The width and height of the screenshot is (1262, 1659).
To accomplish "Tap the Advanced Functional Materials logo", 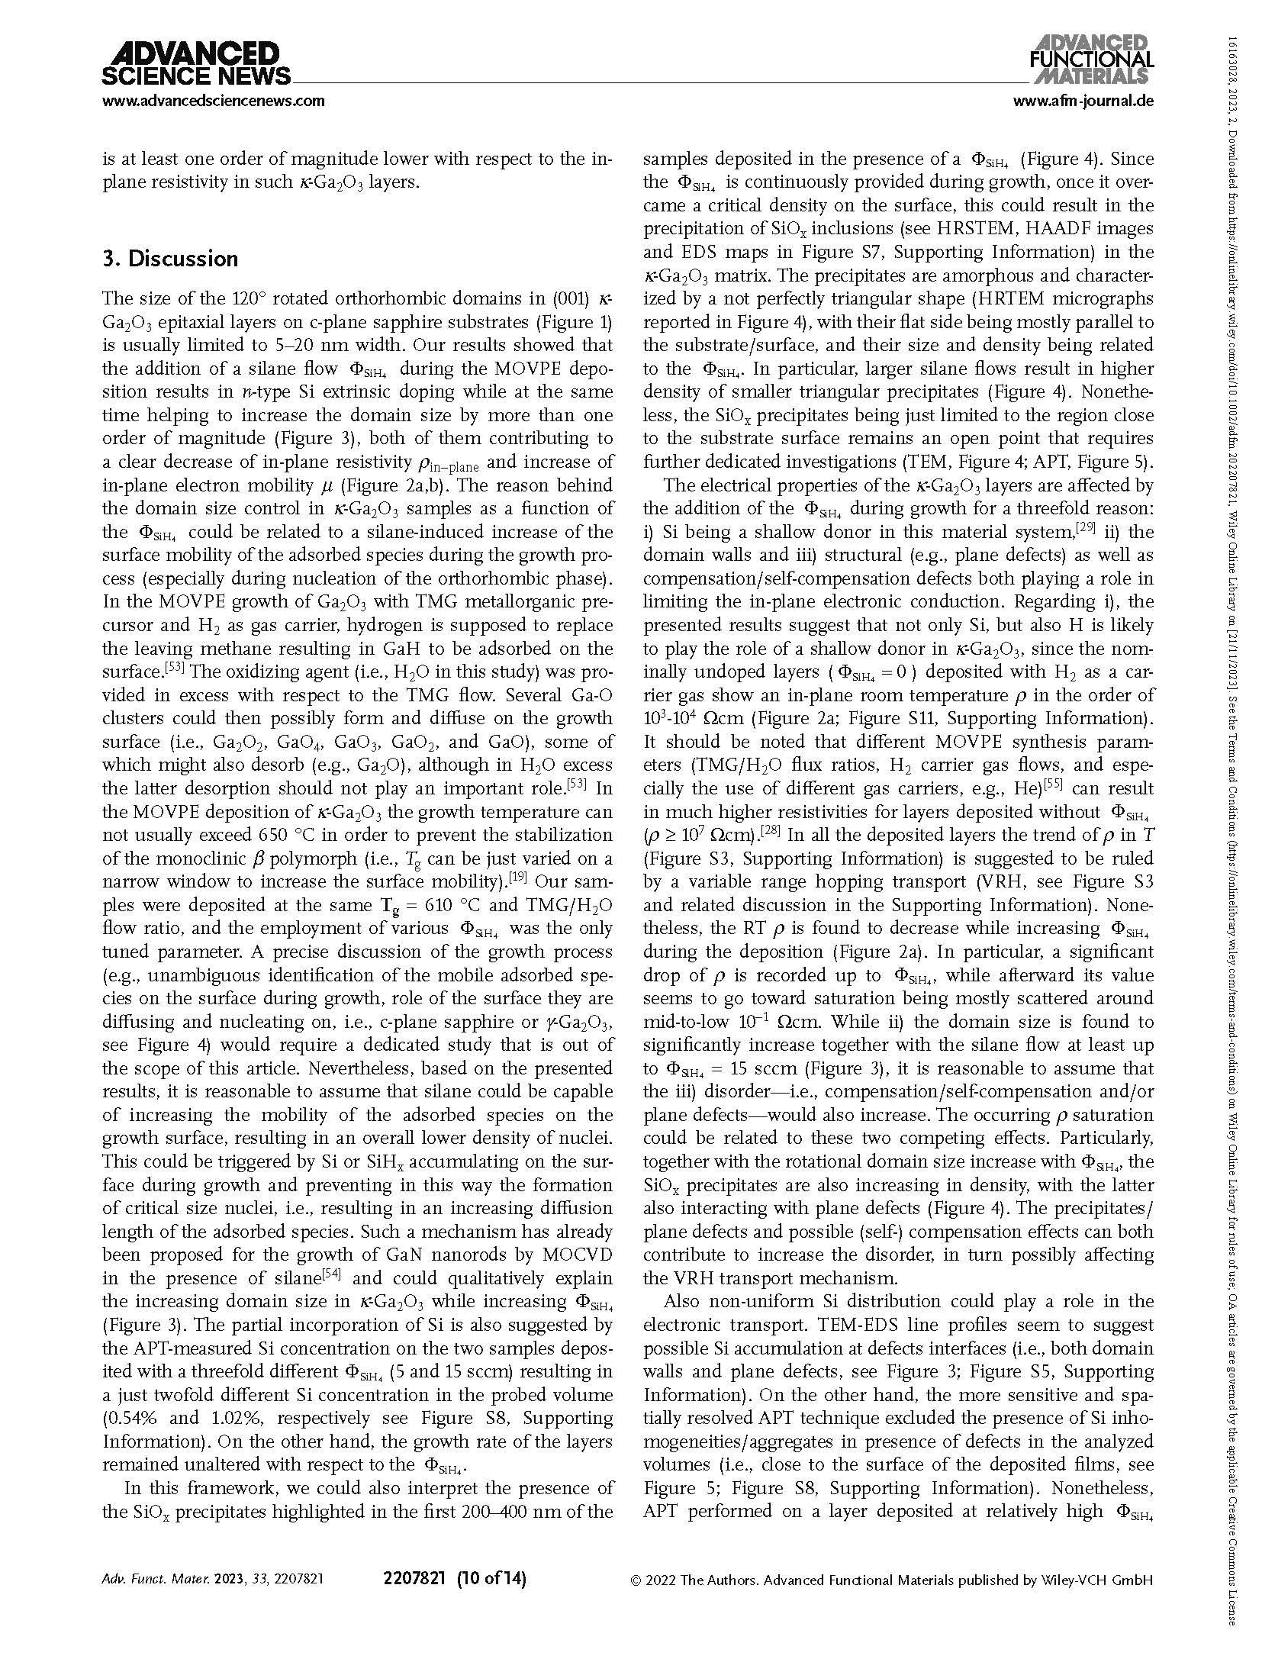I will tap(1092, 59).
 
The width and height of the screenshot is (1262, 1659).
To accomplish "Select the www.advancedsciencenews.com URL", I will tap(213, 101).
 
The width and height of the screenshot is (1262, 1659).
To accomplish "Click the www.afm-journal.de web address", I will tap(1083, 101).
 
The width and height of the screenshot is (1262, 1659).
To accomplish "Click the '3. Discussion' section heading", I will tap(170, 259).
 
